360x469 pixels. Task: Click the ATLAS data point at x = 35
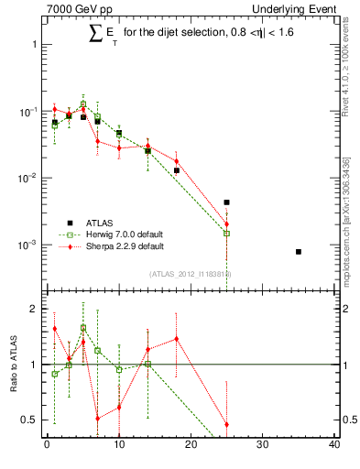tap(299, 251)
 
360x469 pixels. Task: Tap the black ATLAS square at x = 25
tap(226, 202)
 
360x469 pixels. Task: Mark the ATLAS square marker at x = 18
tap(177, 170)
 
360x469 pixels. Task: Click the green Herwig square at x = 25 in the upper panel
tap(226, 233)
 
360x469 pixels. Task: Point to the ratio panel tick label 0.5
tap(27, 420)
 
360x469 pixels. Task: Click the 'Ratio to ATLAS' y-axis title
tap(12, 366)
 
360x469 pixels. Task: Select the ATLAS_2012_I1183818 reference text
tap(191, 274)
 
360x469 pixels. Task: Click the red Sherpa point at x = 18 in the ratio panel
tap(176, 339)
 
